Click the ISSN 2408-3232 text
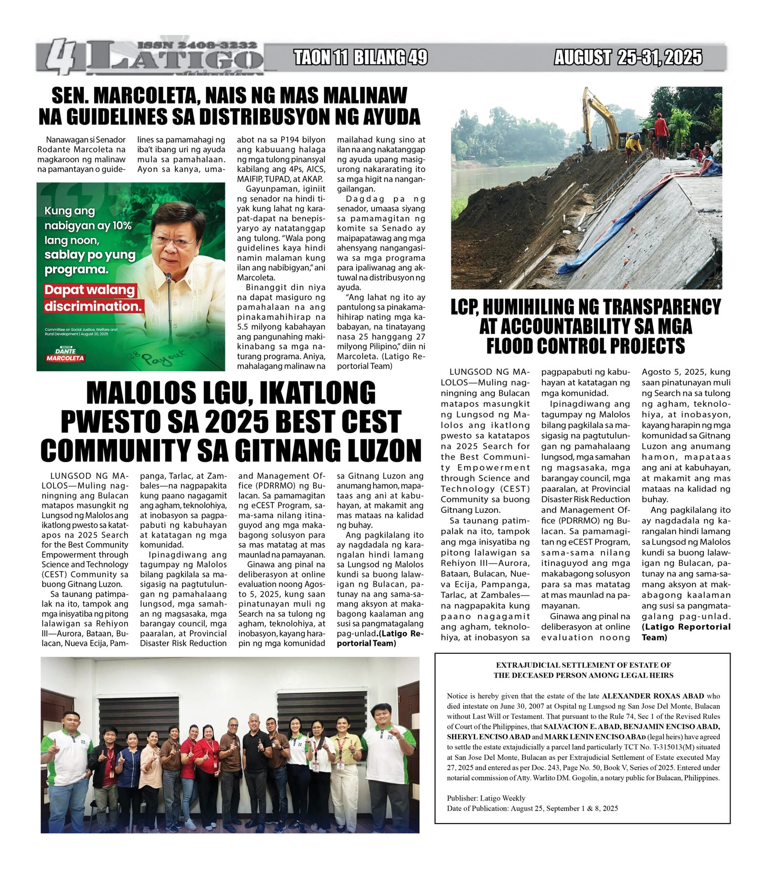click(197, 45)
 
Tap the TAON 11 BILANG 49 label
click(360, 57)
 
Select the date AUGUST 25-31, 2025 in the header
click(628, 57)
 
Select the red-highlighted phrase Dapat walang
click(90, 290)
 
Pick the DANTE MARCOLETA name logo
click(65, 354)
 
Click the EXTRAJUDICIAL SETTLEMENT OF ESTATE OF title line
click(583, 665)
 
